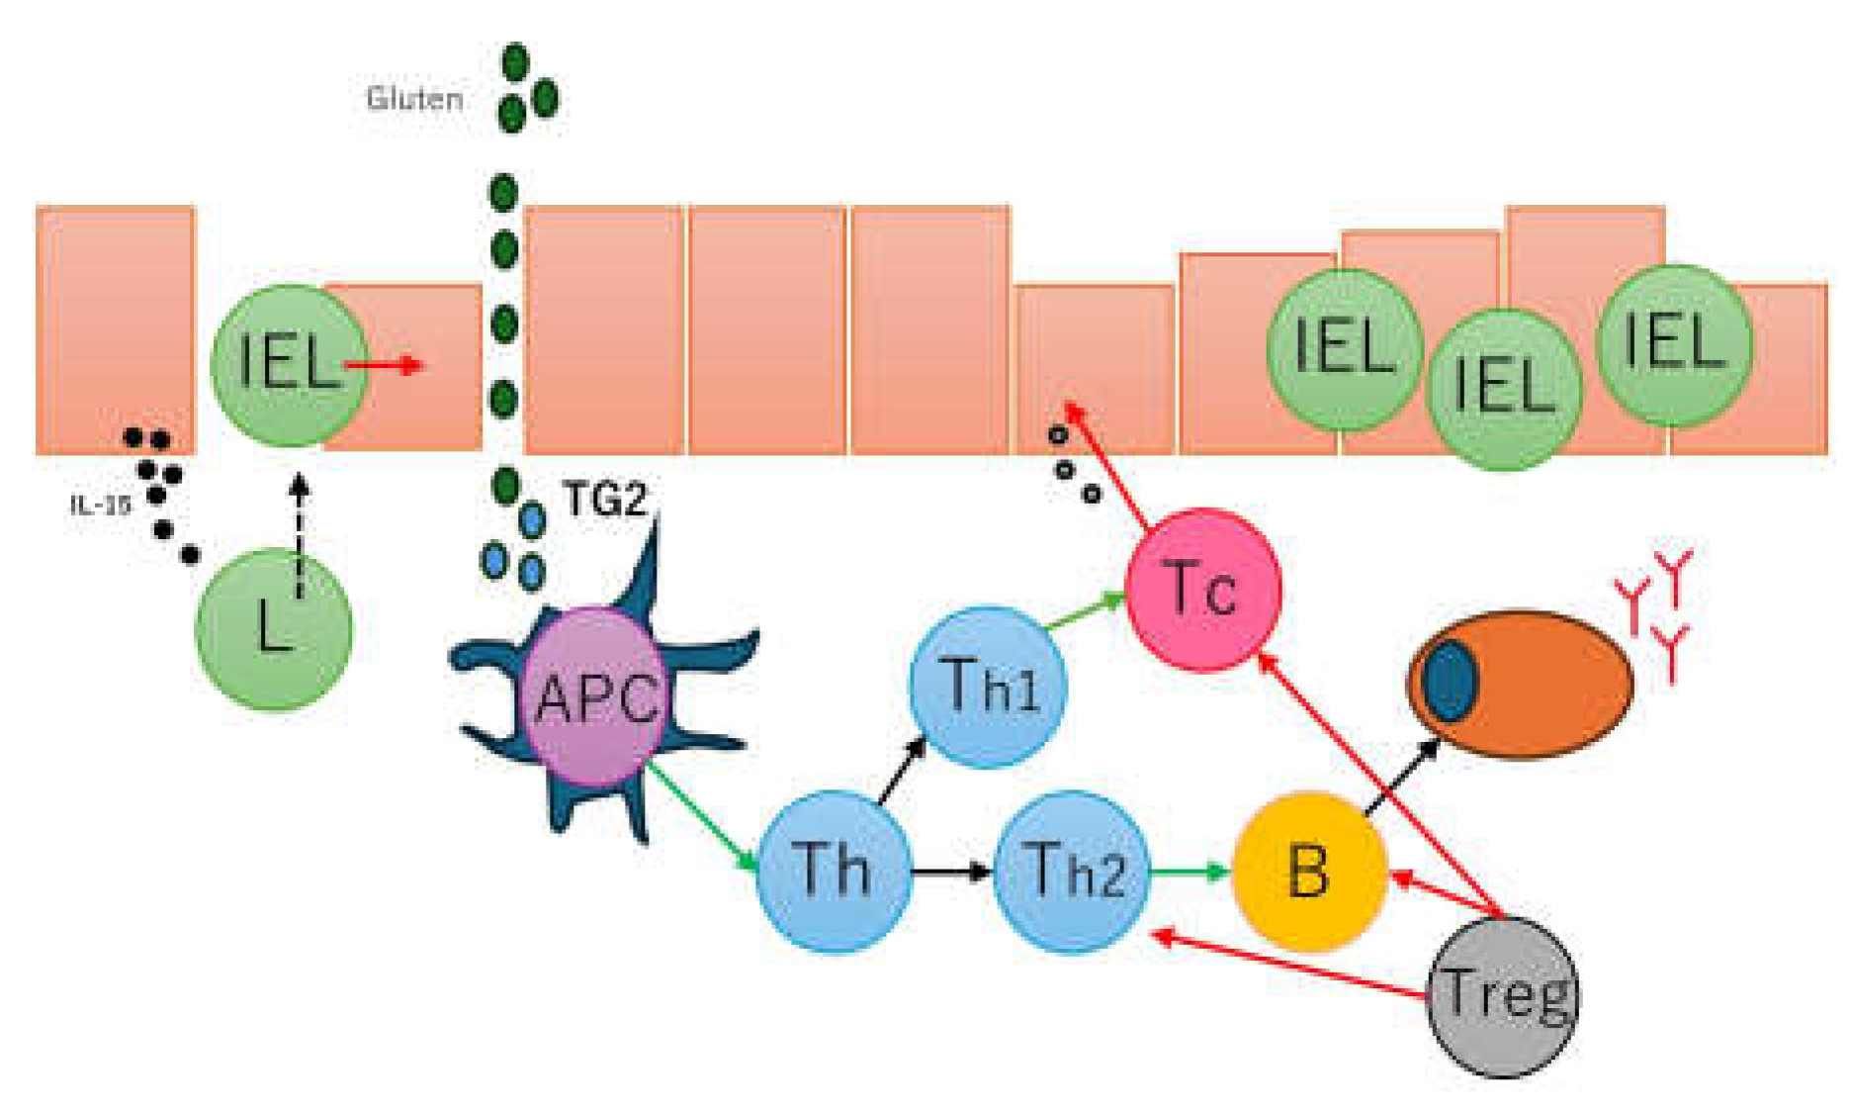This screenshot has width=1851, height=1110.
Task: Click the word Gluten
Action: [x=414, y=99]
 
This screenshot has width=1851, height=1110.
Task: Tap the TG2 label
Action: [x=603, y=500]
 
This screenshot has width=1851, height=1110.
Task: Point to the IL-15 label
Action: [x=101, y=505]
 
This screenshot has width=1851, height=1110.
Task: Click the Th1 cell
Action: [x=988, y=686]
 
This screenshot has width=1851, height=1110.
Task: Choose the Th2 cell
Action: [x=1072, y=871]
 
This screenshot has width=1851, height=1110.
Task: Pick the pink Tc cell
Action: [x=1202, y=590]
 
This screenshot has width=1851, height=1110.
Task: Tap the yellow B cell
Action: [x=1307, y=871]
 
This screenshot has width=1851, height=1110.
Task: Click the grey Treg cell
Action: [x=1503, y=994]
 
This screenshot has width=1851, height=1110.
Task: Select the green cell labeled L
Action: [x=273, y=629]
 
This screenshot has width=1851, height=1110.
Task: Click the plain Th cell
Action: [x=833, y=871]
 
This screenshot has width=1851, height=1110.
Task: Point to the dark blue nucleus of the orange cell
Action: [x=1451, y=681]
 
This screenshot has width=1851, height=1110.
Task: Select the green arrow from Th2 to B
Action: [x=1190, y=872]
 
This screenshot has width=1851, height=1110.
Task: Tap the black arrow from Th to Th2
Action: [x=951, y=872]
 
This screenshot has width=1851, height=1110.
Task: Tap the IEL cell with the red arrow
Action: [x=287, y=364]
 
